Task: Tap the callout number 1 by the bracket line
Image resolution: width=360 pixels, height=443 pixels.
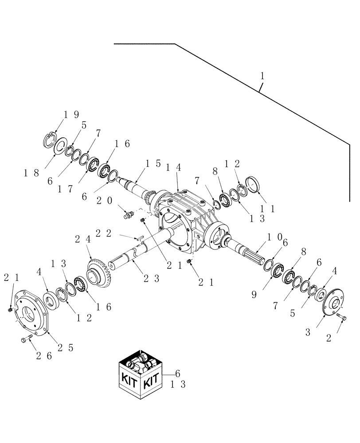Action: (x=262, y=76)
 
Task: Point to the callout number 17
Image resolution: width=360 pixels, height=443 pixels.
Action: (x=64, y=187)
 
